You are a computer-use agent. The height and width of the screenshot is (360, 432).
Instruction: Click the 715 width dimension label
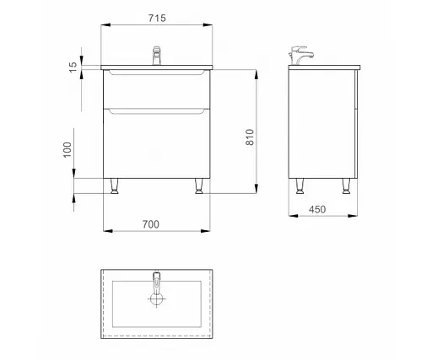point(157,19)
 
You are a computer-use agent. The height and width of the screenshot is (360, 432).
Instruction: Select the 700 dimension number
point(151,224)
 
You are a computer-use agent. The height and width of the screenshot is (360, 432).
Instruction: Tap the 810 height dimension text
point(250,137)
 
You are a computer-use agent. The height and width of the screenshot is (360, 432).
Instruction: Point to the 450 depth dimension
point(317,209)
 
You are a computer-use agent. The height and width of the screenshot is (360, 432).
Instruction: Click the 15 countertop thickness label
point(73,67)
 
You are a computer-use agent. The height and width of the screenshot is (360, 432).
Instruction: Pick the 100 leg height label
point(67,150)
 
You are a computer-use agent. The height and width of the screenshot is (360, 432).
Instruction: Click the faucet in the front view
point(156,56)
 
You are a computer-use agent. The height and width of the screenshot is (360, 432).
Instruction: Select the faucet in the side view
point(301,56)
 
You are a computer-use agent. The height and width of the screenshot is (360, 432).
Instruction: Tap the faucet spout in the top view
point(156,282)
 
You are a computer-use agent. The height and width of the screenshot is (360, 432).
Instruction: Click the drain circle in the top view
point(156,298)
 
